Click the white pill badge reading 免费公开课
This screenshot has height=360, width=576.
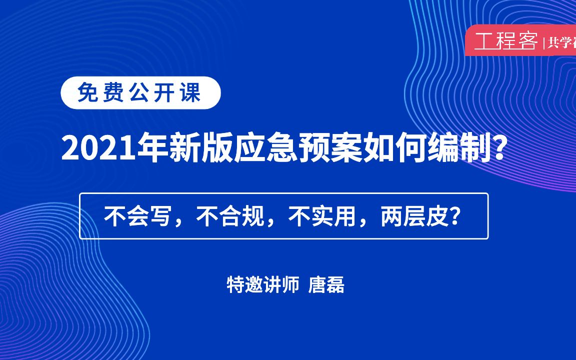pyautogui.click(x=140, y=93)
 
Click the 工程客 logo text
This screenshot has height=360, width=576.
pyautogui.click(x=505, y=41)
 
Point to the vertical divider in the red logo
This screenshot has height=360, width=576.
pyautogui.click(x=543, y=43)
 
